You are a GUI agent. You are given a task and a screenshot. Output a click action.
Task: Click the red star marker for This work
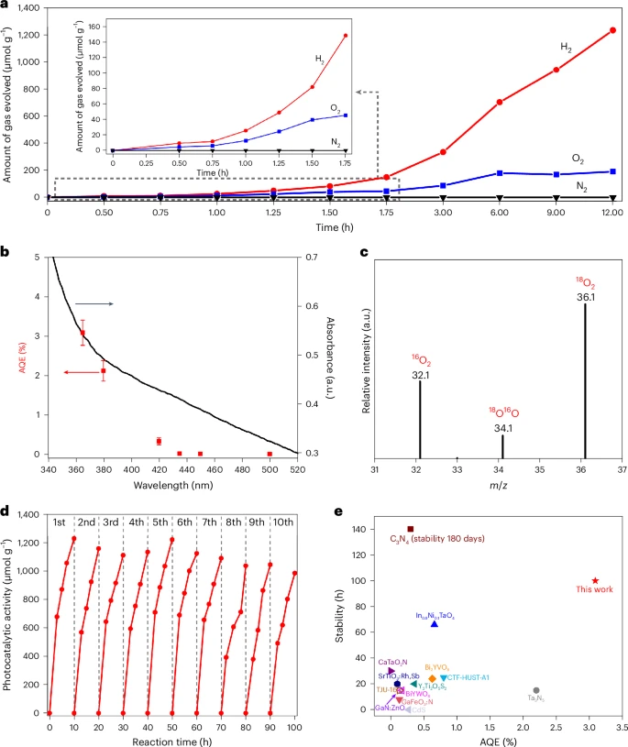595,580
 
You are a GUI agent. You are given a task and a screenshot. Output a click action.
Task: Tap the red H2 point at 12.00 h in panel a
612,30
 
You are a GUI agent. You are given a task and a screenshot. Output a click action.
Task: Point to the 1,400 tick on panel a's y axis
27,8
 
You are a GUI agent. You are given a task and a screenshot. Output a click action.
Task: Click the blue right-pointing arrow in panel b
94,303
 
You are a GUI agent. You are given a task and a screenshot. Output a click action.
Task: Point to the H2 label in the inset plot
320,59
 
